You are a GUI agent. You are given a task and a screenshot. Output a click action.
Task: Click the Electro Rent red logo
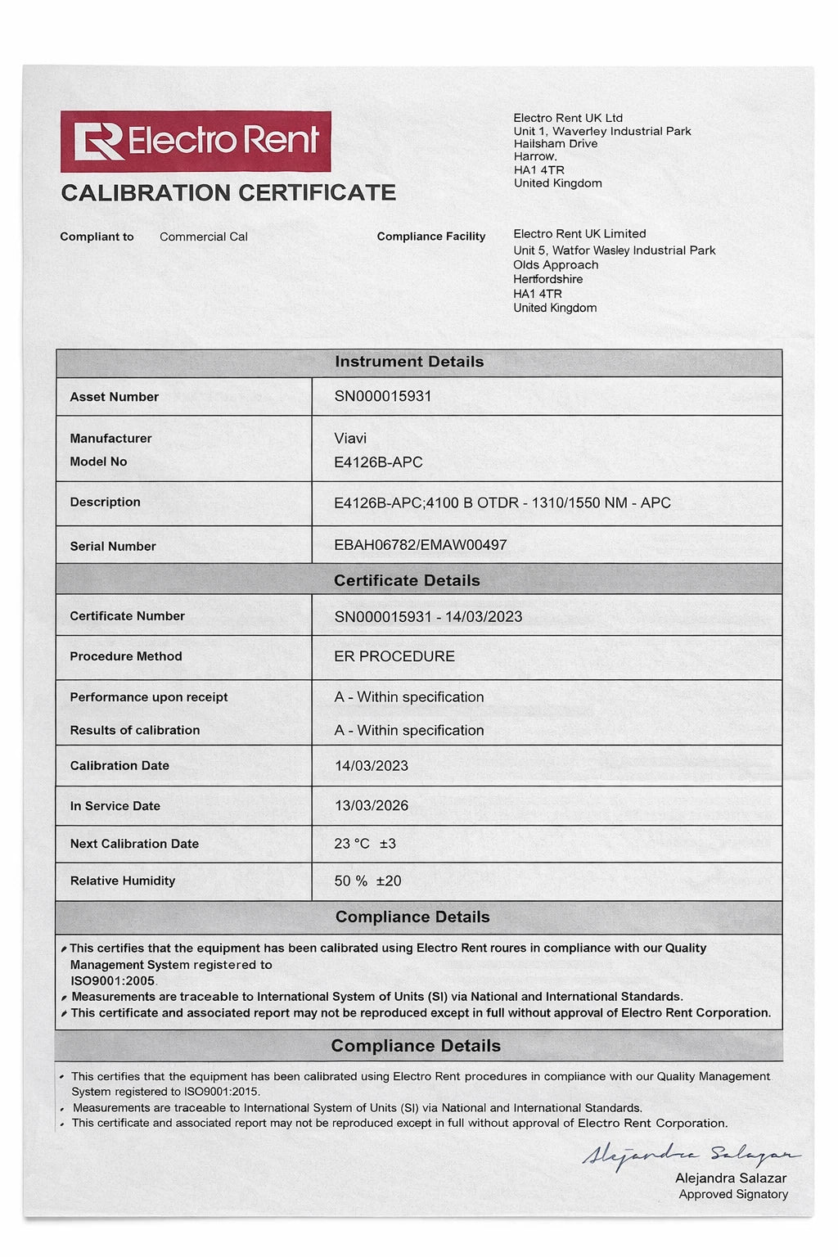pyautogui.click(x=196, y=142)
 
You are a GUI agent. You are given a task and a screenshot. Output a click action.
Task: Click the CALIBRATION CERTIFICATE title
pyautogui.click(x=228, y=193)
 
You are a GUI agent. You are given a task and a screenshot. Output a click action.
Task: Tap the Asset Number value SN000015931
pyautogui.click(x=382, y=396)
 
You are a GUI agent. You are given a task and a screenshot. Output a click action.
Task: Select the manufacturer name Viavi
pyautogui.click(x=350, y=439)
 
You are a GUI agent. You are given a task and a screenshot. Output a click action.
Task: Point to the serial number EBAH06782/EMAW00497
pyautogui.click(x=420, y=545)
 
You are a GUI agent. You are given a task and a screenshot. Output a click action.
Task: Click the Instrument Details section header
pyautogui.click(x=409, y=362)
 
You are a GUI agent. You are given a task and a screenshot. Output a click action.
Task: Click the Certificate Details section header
pyautogui.click(x=407, y=580)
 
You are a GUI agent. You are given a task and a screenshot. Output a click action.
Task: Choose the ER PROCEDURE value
pyautogui.click(x=394, y=656)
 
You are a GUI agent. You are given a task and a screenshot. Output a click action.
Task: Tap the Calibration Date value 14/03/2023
pyautogui.click(x=371, y=766)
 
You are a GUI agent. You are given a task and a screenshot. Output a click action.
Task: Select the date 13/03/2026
pyautogui.click(x=371, y=805)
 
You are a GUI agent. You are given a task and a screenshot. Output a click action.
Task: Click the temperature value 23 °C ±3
pyautogui.click(x=364, y=844)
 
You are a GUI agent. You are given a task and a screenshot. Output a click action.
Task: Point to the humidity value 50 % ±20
pyautogui.click(x=367, y=881)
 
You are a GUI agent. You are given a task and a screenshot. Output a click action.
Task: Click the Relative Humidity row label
pyautogui.click(x=123, y=881)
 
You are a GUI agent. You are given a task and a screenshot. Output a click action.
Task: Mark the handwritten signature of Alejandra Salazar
pyautogui.click(x=690, y=1155)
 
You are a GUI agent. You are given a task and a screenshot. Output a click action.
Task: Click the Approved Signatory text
pyautogui.click(x=733, y=1195)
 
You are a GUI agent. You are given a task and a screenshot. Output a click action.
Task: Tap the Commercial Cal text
pyautogui.click(x=203, y=237)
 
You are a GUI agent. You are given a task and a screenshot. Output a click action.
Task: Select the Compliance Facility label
pyautogui.click(x=430, y=237)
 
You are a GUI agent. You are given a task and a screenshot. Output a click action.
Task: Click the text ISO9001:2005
pyautogui.click(x=112, y=980)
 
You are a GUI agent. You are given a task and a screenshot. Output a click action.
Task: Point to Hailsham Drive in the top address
pyautogui.click(x=555, y=144)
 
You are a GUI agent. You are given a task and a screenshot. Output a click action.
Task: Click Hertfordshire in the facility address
pyautogui.click(x=547, y=279)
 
